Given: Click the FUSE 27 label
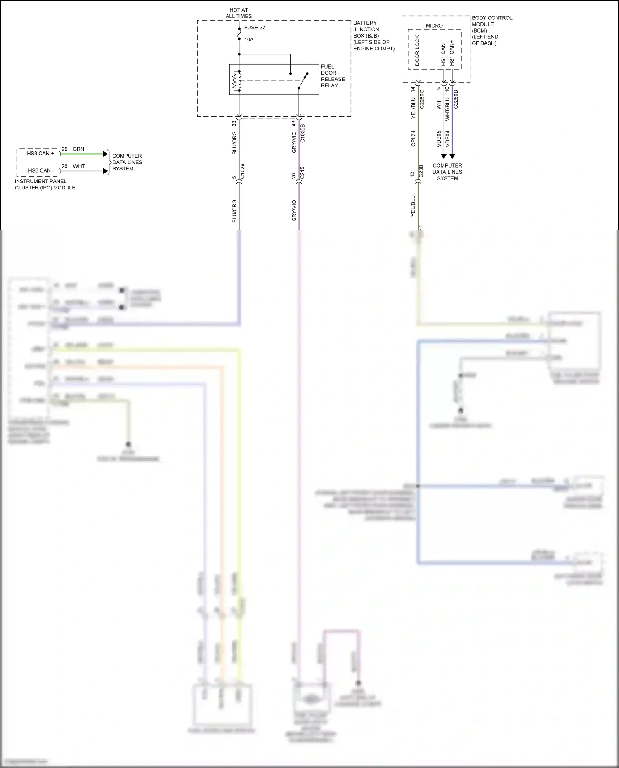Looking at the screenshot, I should [254, 28].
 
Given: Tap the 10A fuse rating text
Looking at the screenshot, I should [249, 40].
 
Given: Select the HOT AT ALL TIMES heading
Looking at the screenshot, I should [239, 13].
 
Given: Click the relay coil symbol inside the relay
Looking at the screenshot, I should [236, 81].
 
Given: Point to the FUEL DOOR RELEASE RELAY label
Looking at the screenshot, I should [333, 76].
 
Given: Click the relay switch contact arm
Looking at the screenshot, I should [303, 81].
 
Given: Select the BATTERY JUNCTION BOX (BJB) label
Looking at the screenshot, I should [373, 35].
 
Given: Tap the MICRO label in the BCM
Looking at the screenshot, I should [434, 26].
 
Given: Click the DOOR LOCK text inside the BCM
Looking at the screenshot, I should [417, 51].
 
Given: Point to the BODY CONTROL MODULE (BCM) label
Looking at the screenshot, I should [491, 30].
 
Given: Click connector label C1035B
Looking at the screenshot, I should [302, 133].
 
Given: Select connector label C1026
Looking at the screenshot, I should [243, 171].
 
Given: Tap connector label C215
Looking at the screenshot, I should [302, 173].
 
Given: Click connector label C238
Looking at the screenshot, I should [421, 171].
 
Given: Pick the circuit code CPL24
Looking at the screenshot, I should [413, 139].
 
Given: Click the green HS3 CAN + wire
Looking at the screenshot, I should [83, 154].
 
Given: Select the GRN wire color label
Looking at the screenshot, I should [78, 149].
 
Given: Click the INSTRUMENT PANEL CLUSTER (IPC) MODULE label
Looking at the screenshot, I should [45, 184].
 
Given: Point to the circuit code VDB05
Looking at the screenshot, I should [439, 139].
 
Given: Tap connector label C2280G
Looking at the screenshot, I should [421, 99].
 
